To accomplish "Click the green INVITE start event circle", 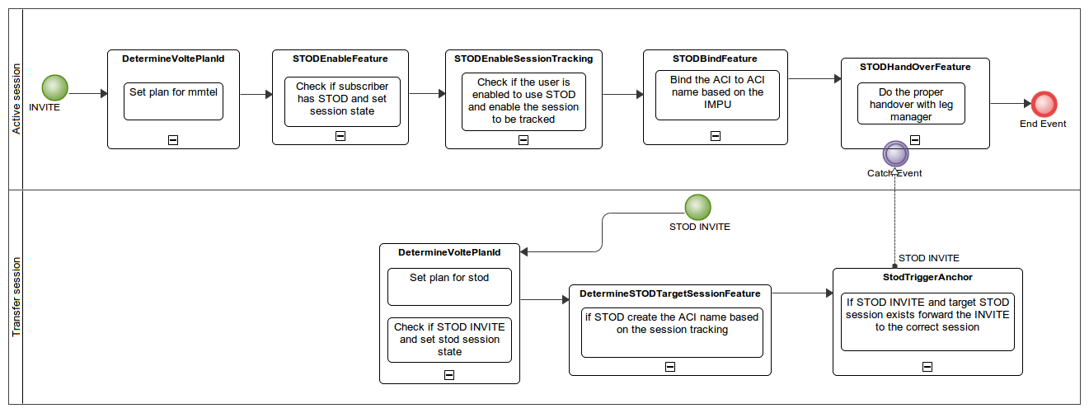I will [x=55, y=87].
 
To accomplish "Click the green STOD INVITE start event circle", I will [x=697, y=207].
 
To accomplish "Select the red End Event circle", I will [x=1044, y=104].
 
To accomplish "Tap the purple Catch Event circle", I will [x=894, y=153].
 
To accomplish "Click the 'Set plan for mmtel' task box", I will [x=173, y=101].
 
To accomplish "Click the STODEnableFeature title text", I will [x=340, y=59].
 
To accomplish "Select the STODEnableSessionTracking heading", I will [x=523, y=59].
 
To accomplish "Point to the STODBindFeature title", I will [x=715, y=59].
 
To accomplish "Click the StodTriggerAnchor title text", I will [x=927, y=277].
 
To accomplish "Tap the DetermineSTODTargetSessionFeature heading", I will [x=669, y=293].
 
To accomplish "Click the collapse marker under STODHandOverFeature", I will [x=915, y=140].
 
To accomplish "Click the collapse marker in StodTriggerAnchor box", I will [x=927, y=367].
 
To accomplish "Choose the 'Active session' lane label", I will [x=16, y=100].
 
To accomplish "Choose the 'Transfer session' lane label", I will [x=16, y=297].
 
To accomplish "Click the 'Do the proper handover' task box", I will [x=911, y=104].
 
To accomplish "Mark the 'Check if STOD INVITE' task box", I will [x=449, y=340].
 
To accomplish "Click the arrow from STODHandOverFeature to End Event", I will [x=1010, y=104].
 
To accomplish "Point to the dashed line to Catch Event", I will [x=894, y=214].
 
